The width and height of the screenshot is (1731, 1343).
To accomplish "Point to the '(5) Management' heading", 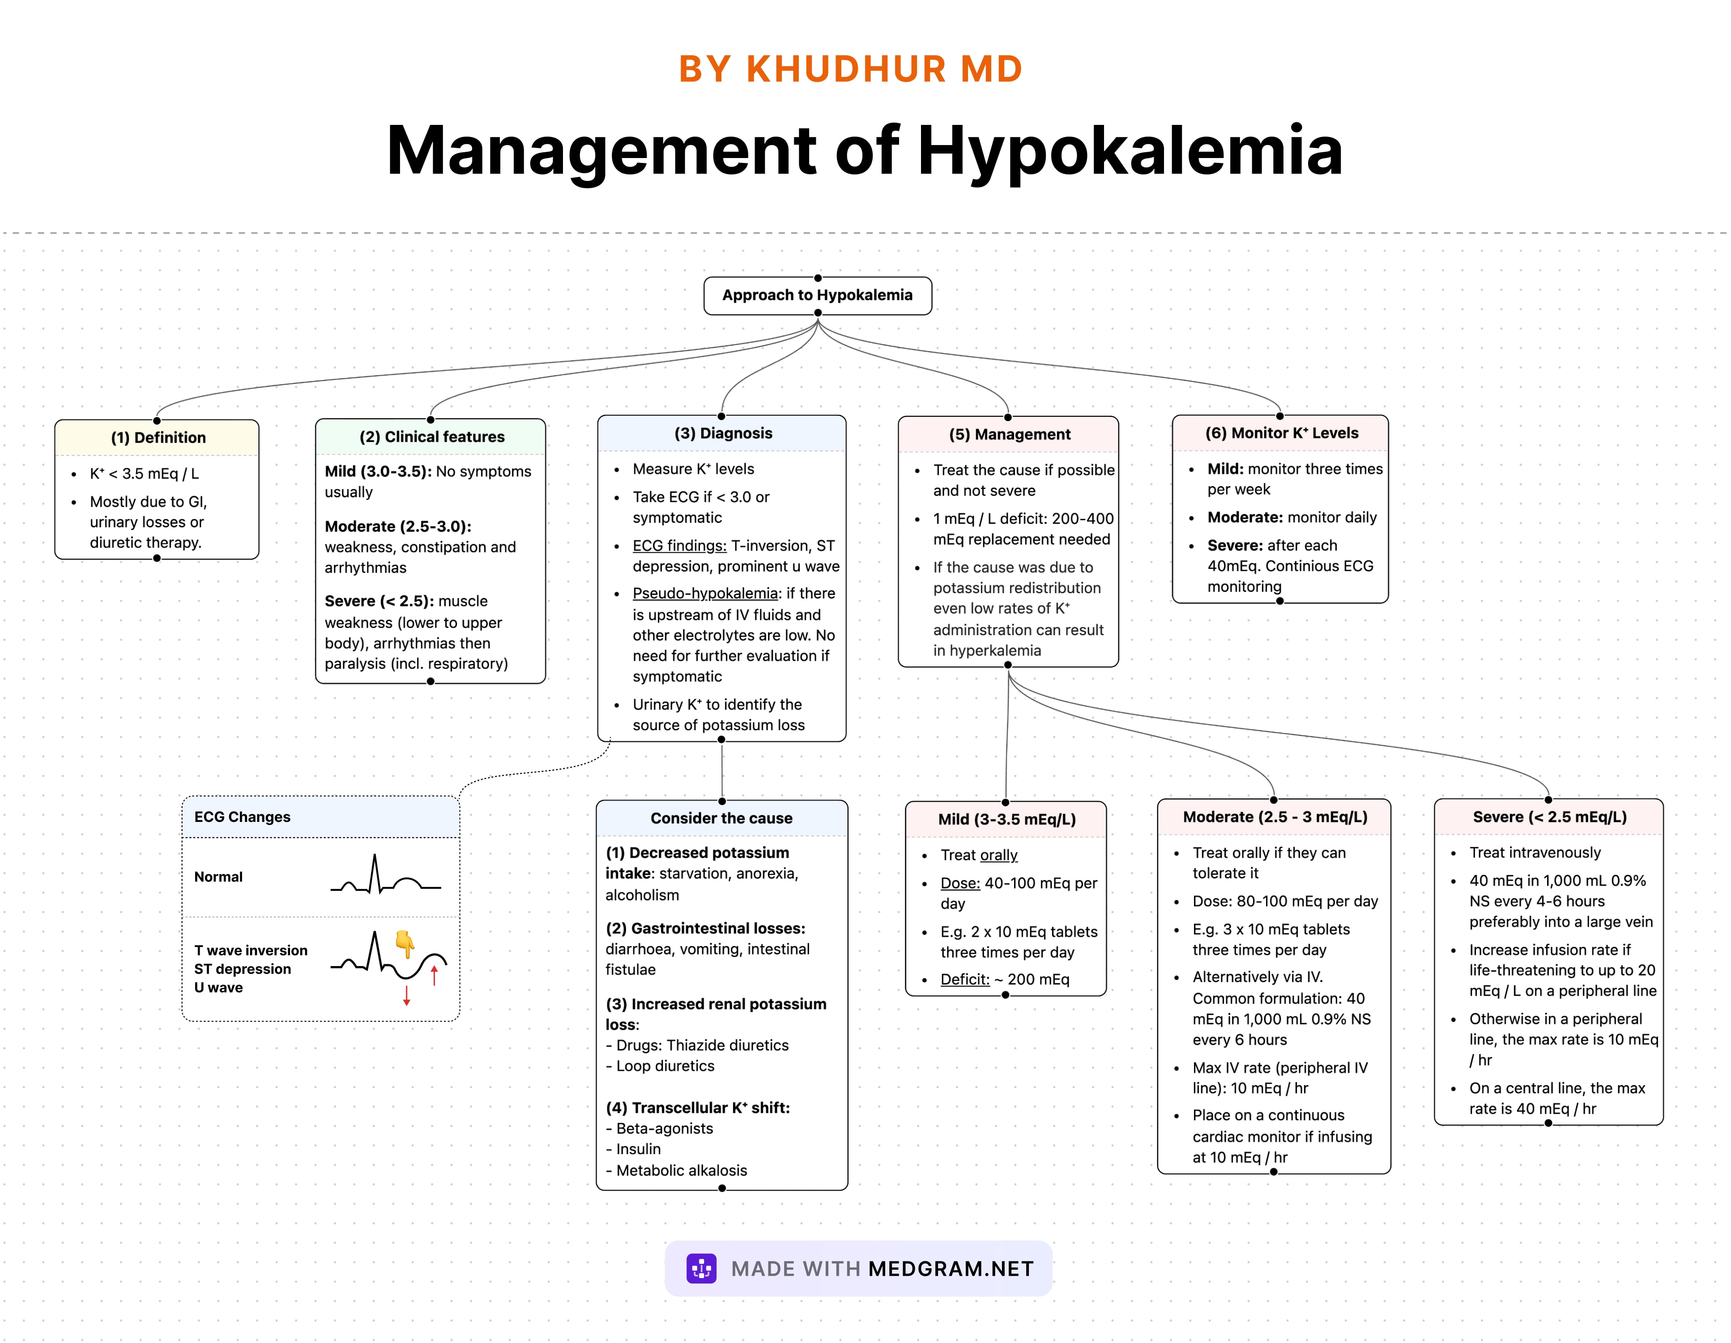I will click(x=1009, y=434).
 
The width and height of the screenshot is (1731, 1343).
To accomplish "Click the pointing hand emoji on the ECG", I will click(x=405, y=943).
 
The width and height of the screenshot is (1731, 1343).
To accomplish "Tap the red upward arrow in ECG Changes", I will click(x=435, y=975).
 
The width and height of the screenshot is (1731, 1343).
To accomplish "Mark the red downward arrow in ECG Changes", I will click(x=407, y=996).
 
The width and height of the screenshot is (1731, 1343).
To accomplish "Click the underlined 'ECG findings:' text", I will click(x=679, y=545).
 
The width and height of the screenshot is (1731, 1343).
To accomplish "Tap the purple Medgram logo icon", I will click(x=701, y=1269).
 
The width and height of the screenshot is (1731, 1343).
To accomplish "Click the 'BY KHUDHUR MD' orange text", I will click(x=850, y=69).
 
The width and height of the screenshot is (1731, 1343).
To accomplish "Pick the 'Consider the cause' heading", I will click(x=721, y=818).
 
